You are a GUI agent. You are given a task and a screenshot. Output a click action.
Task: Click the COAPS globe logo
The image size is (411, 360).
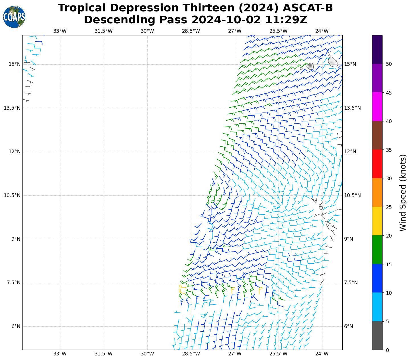coord(14,17)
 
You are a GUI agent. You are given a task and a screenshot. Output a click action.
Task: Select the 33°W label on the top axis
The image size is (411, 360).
coord(60,31)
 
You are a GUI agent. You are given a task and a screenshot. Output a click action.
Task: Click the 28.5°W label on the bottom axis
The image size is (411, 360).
coord(191,354)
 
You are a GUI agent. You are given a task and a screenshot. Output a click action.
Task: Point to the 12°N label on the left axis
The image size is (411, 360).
coord(14,152)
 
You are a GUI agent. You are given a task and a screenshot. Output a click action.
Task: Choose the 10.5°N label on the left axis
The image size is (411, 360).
coord(12,195)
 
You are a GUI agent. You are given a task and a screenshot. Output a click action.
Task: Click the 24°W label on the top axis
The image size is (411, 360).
coord(322,31)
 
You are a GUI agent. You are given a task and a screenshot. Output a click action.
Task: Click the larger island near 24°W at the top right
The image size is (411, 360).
coord(332,62)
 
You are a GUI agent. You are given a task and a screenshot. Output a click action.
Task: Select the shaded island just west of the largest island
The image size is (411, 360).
coord(310,66)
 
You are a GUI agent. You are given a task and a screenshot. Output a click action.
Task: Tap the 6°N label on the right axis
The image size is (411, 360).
coord(349,326)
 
